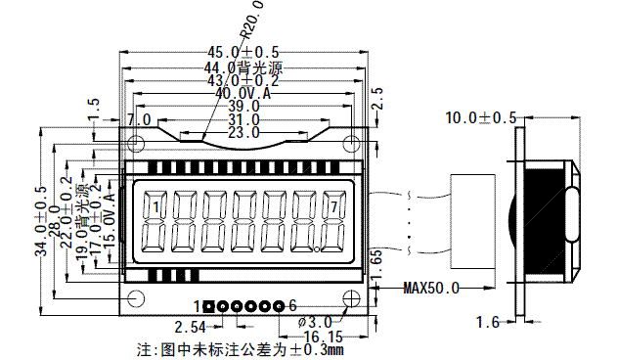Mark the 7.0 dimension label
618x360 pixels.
click(139, 119)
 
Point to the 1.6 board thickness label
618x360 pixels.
click(488, 321)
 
